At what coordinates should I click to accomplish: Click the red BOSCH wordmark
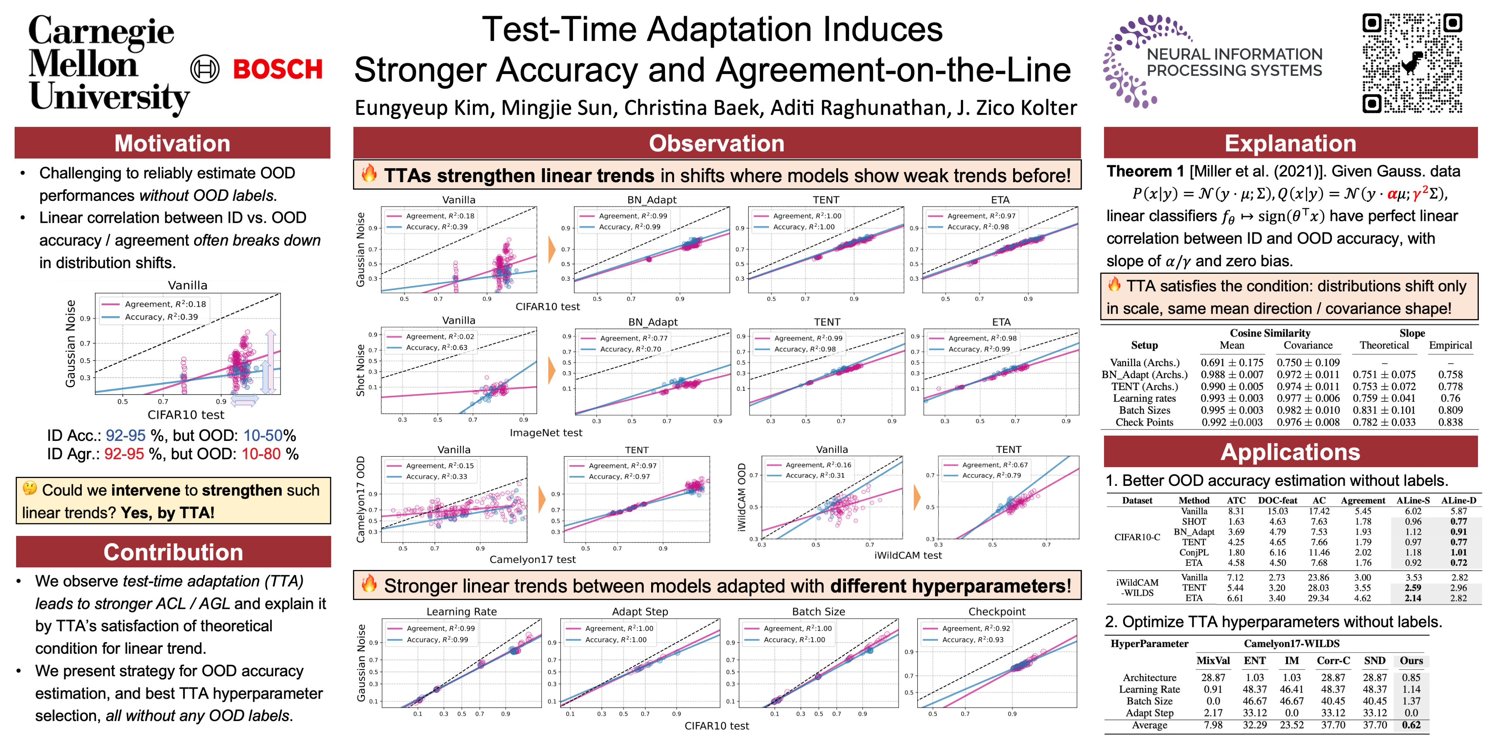pyautogui.click(x=278, y=70)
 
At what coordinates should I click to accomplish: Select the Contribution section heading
pyautogui.click(x=173, y=552)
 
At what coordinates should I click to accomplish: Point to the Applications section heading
pyautogui.click(x=1290, y=452)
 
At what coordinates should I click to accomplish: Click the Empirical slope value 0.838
pyautogui.click(x=1450, y=422)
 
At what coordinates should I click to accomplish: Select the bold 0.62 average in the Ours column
pyautogui.click(x=1411, y=725)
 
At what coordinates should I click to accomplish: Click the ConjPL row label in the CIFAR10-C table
pyautogui.click(x=1193, y=552)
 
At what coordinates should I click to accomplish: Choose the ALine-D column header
pyautogui.click(x=1458, y=500)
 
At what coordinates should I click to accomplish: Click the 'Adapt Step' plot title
pyautogui.click(x=640, y=611)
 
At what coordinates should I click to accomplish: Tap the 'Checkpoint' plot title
pyautogui.click(x=997, y=611)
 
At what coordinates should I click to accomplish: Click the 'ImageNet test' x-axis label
pyautogui.click(x=545, y=433)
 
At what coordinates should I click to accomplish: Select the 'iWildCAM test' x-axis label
pyautogui.click(x=908, y=555)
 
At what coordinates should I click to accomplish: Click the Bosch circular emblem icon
pyautogui.click(x=205, y=70)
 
